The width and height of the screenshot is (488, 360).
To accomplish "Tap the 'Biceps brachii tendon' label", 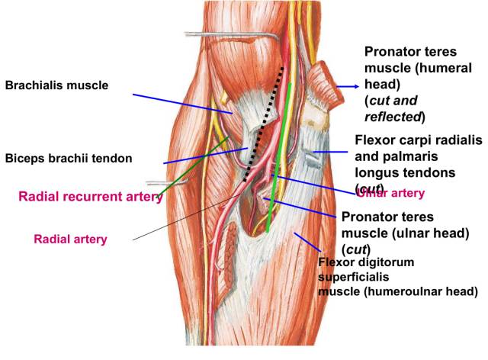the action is tap(69, 159).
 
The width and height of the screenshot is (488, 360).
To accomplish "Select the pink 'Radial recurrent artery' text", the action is tap(90, 196).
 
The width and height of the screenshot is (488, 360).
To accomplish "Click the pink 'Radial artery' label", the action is tap(70, 239).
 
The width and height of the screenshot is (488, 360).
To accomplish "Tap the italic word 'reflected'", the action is tap(393, 117).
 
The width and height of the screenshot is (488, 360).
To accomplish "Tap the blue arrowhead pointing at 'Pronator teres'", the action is tap(355, 86).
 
